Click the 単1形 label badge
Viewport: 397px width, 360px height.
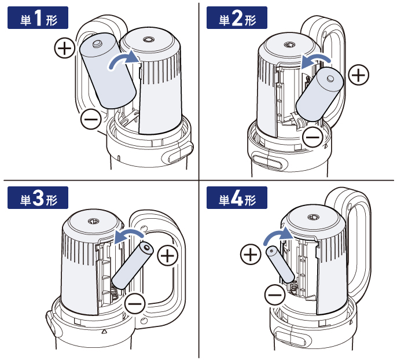[x=38, y=18]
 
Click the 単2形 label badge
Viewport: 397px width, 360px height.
[x=237, y=18]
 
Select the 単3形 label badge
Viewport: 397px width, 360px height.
[x=38, y=198]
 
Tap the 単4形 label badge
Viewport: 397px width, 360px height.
[x=237, y=198]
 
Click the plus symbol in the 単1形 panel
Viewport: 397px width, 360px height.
[x=65, y=47]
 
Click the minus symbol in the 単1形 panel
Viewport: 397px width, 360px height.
[x=91, y=119]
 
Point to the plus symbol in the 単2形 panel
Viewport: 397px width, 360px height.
[x=359, y=75]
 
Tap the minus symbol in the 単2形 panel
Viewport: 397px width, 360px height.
[x=313, y=137]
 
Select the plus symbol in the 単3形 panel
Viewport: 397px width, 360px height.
[x=168, y=255]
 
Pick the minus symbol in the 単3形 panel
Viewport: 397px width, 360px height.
[x=135, y=303]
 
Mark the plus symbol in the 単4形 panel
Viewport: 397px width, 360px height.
[x=251, y=255]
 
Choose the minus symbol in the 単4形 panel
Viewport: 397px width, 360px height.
[x=275, y=295]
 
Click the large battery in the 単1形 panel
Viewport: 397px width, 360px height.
[x=108, y=71]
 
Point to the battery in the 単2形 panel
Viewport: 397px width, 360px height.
[x=319, y=94]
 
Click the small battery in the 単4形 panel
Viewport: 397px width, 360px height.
[x=280, y=264]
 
